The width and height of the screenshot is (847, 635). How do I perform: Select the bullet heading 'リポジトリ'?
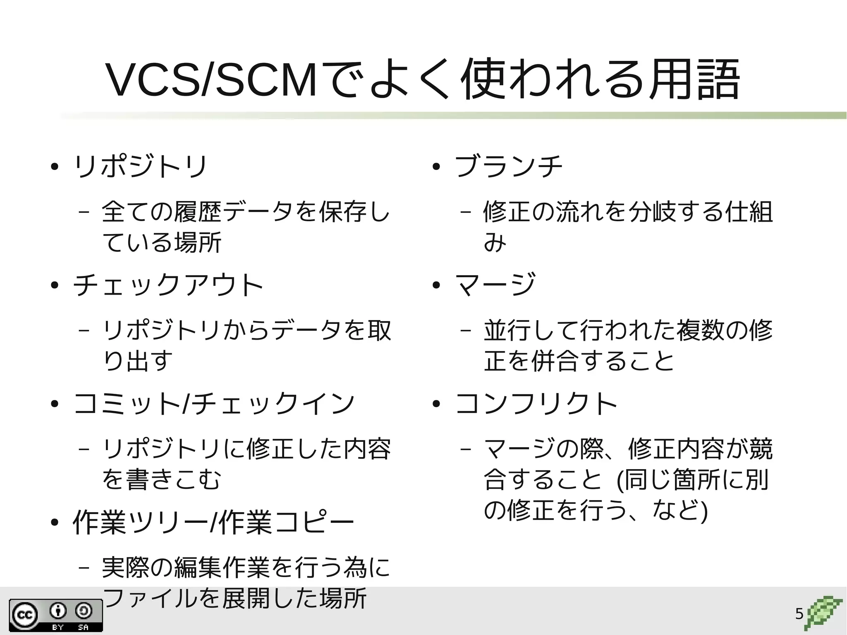click(140, 167)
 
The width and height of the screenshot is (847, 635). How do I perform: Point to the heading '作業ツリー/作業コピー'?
click(213, 522)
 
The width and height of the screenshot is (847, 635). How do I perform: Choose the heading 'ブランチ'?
click(509, 167)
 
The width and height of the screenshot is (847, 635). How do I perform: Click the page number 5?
click(799, 614)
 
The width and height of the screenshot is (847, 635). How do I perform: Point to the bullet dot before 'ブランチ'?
click(435, 168)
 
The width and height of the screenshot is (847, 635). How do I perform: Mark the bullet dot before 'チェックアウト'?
click(54, 286)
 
